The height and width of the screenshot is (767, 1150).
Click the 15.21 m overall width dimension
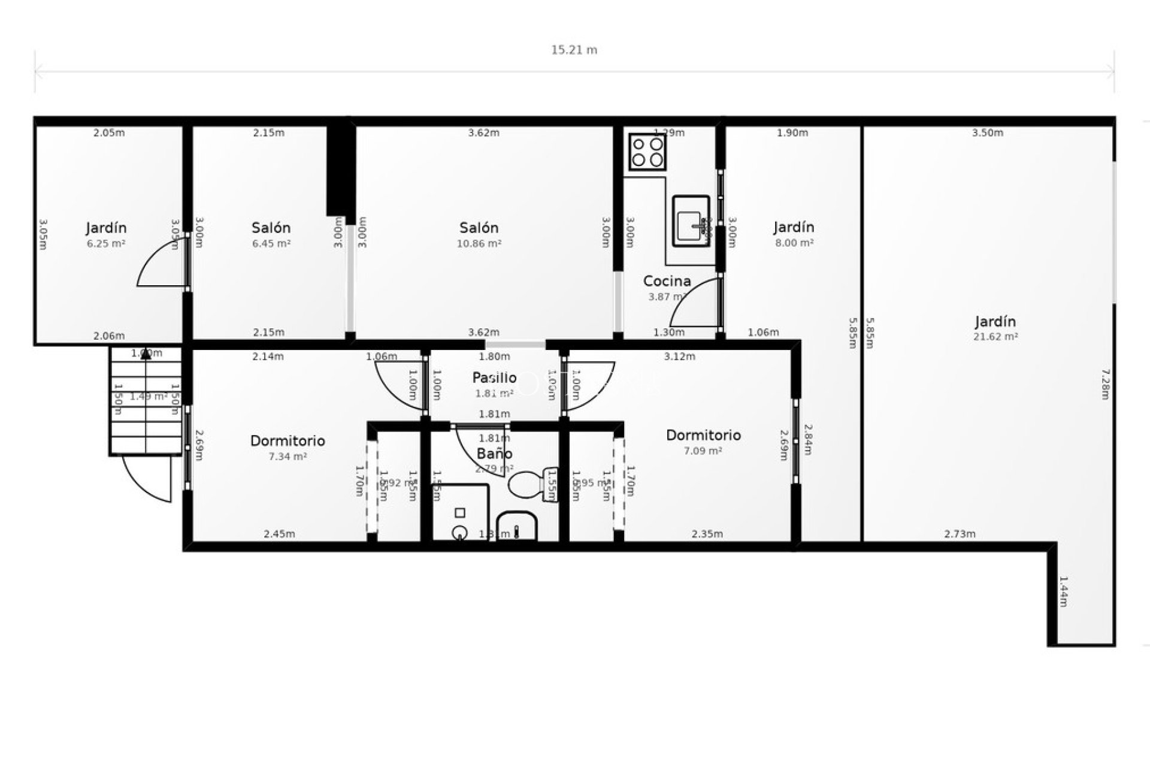pyautogui.click(x=574, y=50)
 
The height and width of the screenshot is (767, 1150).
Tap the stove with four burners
pyautogui.click(x=647, y=152)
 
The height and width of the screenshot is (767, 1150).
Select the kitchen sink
pyautogui.click(x=691, y=221)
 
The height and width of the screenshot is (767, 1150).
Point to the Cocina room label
pyautogui.click(x=667, y=281)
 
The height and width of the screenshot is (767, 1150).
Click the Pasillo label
pyautogui.click(x=494, y=378)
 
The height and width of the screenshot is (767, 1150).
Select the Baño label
pyautogui.click(x=494, y=454)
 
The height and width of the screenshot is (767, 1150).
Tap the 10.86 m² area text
pyautogui.click(x=479, y=244)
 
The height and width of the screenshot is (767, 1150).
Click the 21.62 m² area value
pyautogui.click(x=995, y=337)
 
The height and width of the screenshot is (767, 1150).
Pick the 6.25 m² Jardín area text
pyautogui.click(x=106, y=244)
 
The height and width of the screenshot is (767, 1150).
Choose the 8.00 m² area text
pyautogui.click(x=794, y=243)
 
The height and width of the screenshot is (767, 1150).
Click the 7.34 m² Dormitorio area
pyautogui.click(x=287, y=457)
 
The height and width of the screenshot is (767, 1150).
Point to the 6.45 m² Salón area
pyautogui.click(x=271, y=244)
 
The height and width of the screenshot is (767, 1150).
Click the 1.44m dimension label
pyautogui.click(x=1063, y=591)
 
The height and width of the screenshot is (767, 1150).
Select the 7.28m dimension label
pyautogui.click(x=1106, y=384)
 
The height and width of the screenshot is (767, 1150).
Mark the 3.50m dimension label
pyautogui.click(x=987, y=133)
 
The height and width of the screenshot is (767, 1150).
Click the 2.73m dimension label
pyautogui.click(x=960, y=534)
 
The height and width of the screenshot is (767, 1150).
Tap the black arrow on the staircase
pyautogui.click(x=146, y=354)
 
